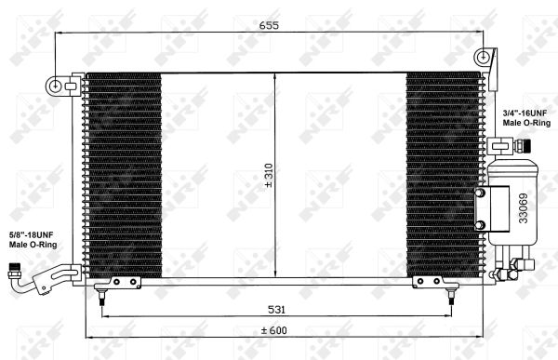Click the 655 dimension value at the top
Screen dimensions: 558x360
[x=269, y=25]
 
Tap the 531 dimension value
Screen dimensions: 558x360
[x=276, y=310]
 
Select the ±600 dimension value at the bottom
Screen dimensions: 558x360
[x=273, y=330]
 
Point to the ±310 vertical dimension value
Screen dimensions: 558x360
[x=269, y=176]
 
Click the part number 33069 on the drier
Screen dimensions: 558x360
[x=523, y=208]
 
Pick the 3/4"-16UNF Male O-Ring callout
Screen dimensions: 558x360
[x=526, y=118]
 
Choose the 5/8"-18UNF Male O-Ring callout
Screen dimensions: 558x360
[x=33, y=240]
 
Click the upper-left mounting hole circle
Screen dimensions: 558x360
[x=56, y=87]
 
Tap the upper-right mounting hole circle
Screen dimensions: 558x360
[x=483, y=57]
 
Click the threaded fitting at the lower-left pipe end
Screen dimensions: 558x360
[x=14, y=271]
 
